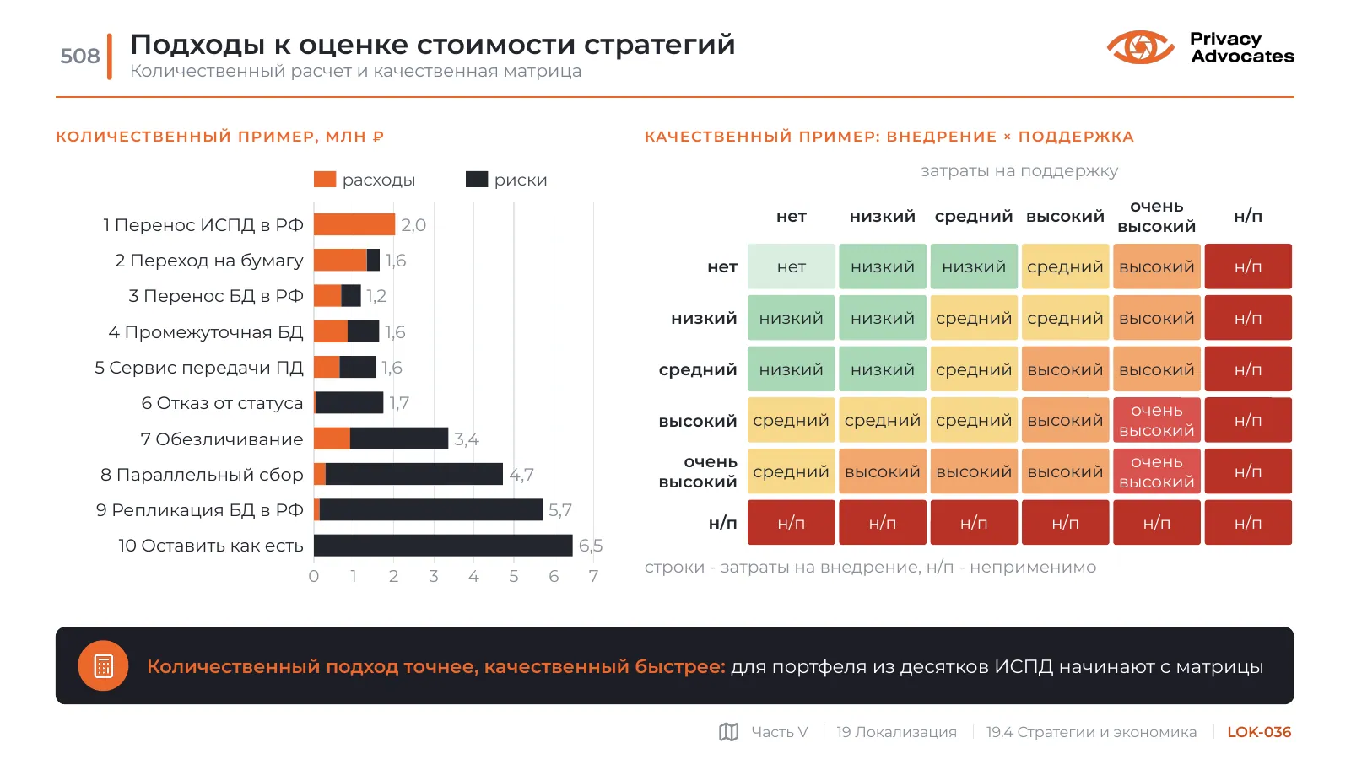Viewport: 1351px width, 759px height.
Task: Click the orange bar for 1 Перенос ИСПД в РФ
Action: point(354,225)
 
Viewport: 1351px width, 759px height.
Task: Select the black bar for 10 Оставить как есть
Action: point(443,546)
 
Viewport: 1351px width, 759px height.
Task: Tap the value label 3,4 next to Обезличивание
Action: point(466,439)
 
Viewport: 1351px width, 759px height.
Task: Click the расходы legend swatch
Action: point(325,180)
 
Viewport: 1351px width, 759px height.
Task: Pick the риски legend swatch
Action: point(477,180)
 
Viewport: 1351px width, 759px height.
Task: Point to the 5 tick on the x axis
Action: point(513,576)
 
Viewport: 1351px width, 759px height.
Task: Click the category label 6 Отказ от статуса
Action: point(222,403)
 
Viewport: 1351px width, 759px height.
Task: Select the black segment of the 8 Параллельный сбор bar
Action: point(413,475)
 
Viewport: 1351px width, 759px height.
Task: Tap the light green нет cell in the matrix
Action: point(792,266)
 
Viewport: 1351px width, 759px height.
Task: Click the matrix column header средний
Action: point(974,217)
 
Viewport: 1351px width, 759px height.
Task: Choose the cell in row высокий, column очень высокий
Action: point(1157,420)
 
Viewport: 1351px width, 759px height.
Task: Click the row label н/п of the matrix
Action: point(722,523)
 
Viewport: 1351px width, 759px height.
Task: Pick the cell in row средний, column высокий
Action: point(1065,369)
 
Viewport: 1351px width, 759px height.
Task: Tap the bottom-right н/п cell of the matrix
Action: point(1248,523)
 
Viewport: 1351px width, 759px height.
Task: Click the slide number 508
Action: point(79,56)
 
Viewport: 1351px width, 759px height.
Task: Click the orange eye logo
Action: point(1140,47)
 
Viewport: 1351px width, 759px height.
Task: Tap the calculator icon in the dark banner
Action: point(103,665)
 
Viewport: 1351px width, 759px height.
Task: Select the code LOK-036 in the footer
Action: point(1259,732)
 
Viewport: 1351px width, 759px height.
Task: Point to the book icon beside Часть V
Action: point(728,732)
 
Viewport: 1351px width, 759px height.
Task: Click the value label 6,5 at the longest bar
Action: point(591,546)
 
